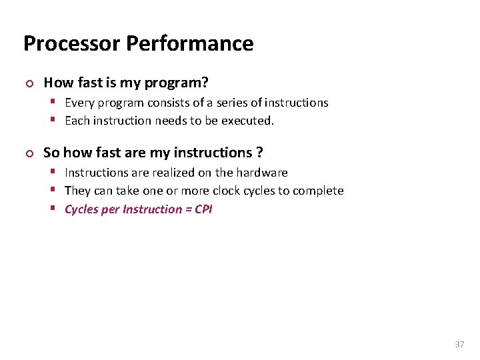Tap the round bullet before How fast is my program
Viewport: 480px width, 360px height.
coord(27,83)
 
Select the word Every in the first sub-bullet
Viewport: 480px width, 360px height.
coord(80,103)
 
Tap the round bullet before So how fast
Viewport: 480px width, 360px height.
coord(27,153)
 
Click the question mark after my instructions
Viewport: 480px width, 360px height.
coord(259,153)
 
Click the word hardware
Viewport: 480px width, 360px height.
coord(263,173)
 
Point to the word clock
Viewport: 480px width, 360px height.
coord(225,191)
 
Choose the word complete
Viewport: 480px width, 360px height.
coord(319,191)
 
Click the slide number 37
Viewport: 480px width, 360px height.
coord(459,345)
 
